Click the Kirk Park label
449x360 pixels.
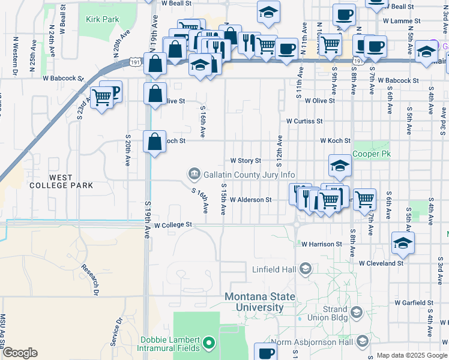coord(102,19)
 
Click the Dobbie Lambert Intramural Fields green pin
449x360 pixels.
coord(209,343)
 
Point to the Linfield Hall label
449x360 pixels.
coord(274,269)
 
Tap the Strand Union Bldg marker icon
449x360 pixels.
coord(357,312)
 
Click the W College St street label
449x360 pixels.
coord(172,225)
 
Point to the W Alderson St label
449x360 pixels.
coord(250,199)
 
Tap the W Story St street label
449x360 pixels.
coord(246,161)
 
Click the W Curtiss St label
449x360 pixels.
coord(304,121)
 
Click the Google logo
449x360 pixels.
coord(20,353)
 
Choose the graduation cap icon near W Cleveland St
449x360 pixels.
coord(403,242)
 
